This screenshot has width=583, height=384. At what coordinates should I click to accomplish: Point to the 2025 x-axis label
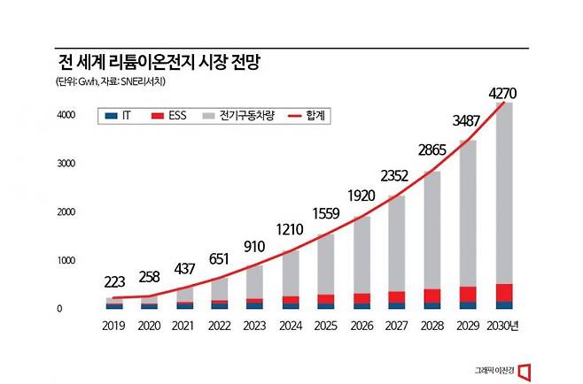[326, 326]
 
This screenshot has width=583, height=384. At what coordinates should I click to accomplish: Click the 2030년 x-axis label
[502, 326]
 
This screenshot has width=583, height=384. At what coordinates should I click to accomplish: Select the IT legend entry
[123, 117]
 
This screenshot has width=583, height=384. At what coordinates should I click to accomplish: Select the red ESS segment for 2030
[503, 293]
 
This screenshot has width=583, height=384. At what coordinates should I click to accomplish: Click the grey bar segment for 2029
[468, 212]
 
